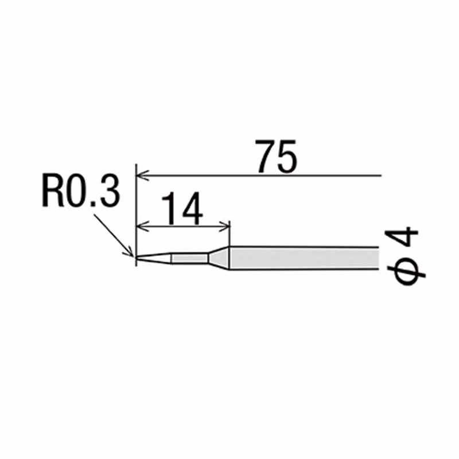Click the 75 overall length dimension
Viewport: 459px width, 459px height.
pyautogui.click(x=276, y=156)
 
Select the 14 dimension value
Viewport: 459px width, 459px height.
pyautogui.click(x=182, y=208)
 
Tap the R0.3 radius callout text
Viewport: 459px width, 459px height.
pyautogui.click(x=81, y=190)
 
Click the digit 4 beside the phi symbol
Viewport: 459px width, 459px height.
pyautogui.click(x=401, y=238)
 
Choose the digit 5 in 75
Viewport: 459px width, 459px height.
pyautogui.click(x=287, y=157)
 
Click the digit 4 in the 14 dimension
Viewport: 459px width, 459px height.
pyautogui.click(x=192, y=208)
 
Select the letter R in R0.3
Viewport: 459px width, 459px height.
pyautogui.click(x=53, y=190)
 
